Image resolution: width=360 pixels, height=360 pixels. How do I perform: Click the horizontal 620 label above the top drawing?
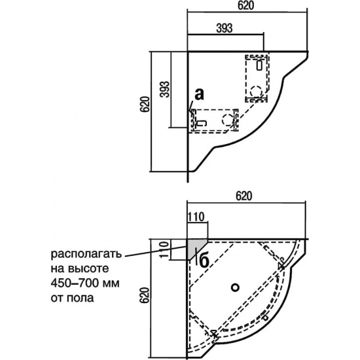pyautogui.click(x=246, y=6)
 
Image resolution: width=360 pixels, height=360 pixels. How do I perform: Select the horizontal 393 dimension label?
pyautogui.click(x=225, y=28)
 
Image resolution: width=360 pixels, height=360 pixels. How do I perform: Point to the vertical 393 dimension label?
pyautogui.click(x=165, y=89)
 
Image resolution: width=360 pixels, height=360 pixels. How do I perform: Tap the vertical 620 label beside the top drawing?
pyautogui.click(x=145, y=105)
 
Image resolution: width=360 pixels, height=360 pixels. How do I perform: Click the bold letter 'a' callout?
pyautogui.click(x=199, y=94)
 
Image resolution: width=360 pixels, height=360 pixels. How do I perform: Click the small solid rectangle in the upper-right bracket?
pyautogui.click(x=259, y=65)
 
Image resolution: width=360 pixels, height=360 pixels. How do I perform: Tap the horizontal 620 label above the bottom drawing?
pyautogui.click(x=244, y=196)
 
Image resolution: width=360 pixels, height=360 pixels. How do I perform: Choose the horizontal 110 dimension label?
pyautogui.click(x=196, y=217)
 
